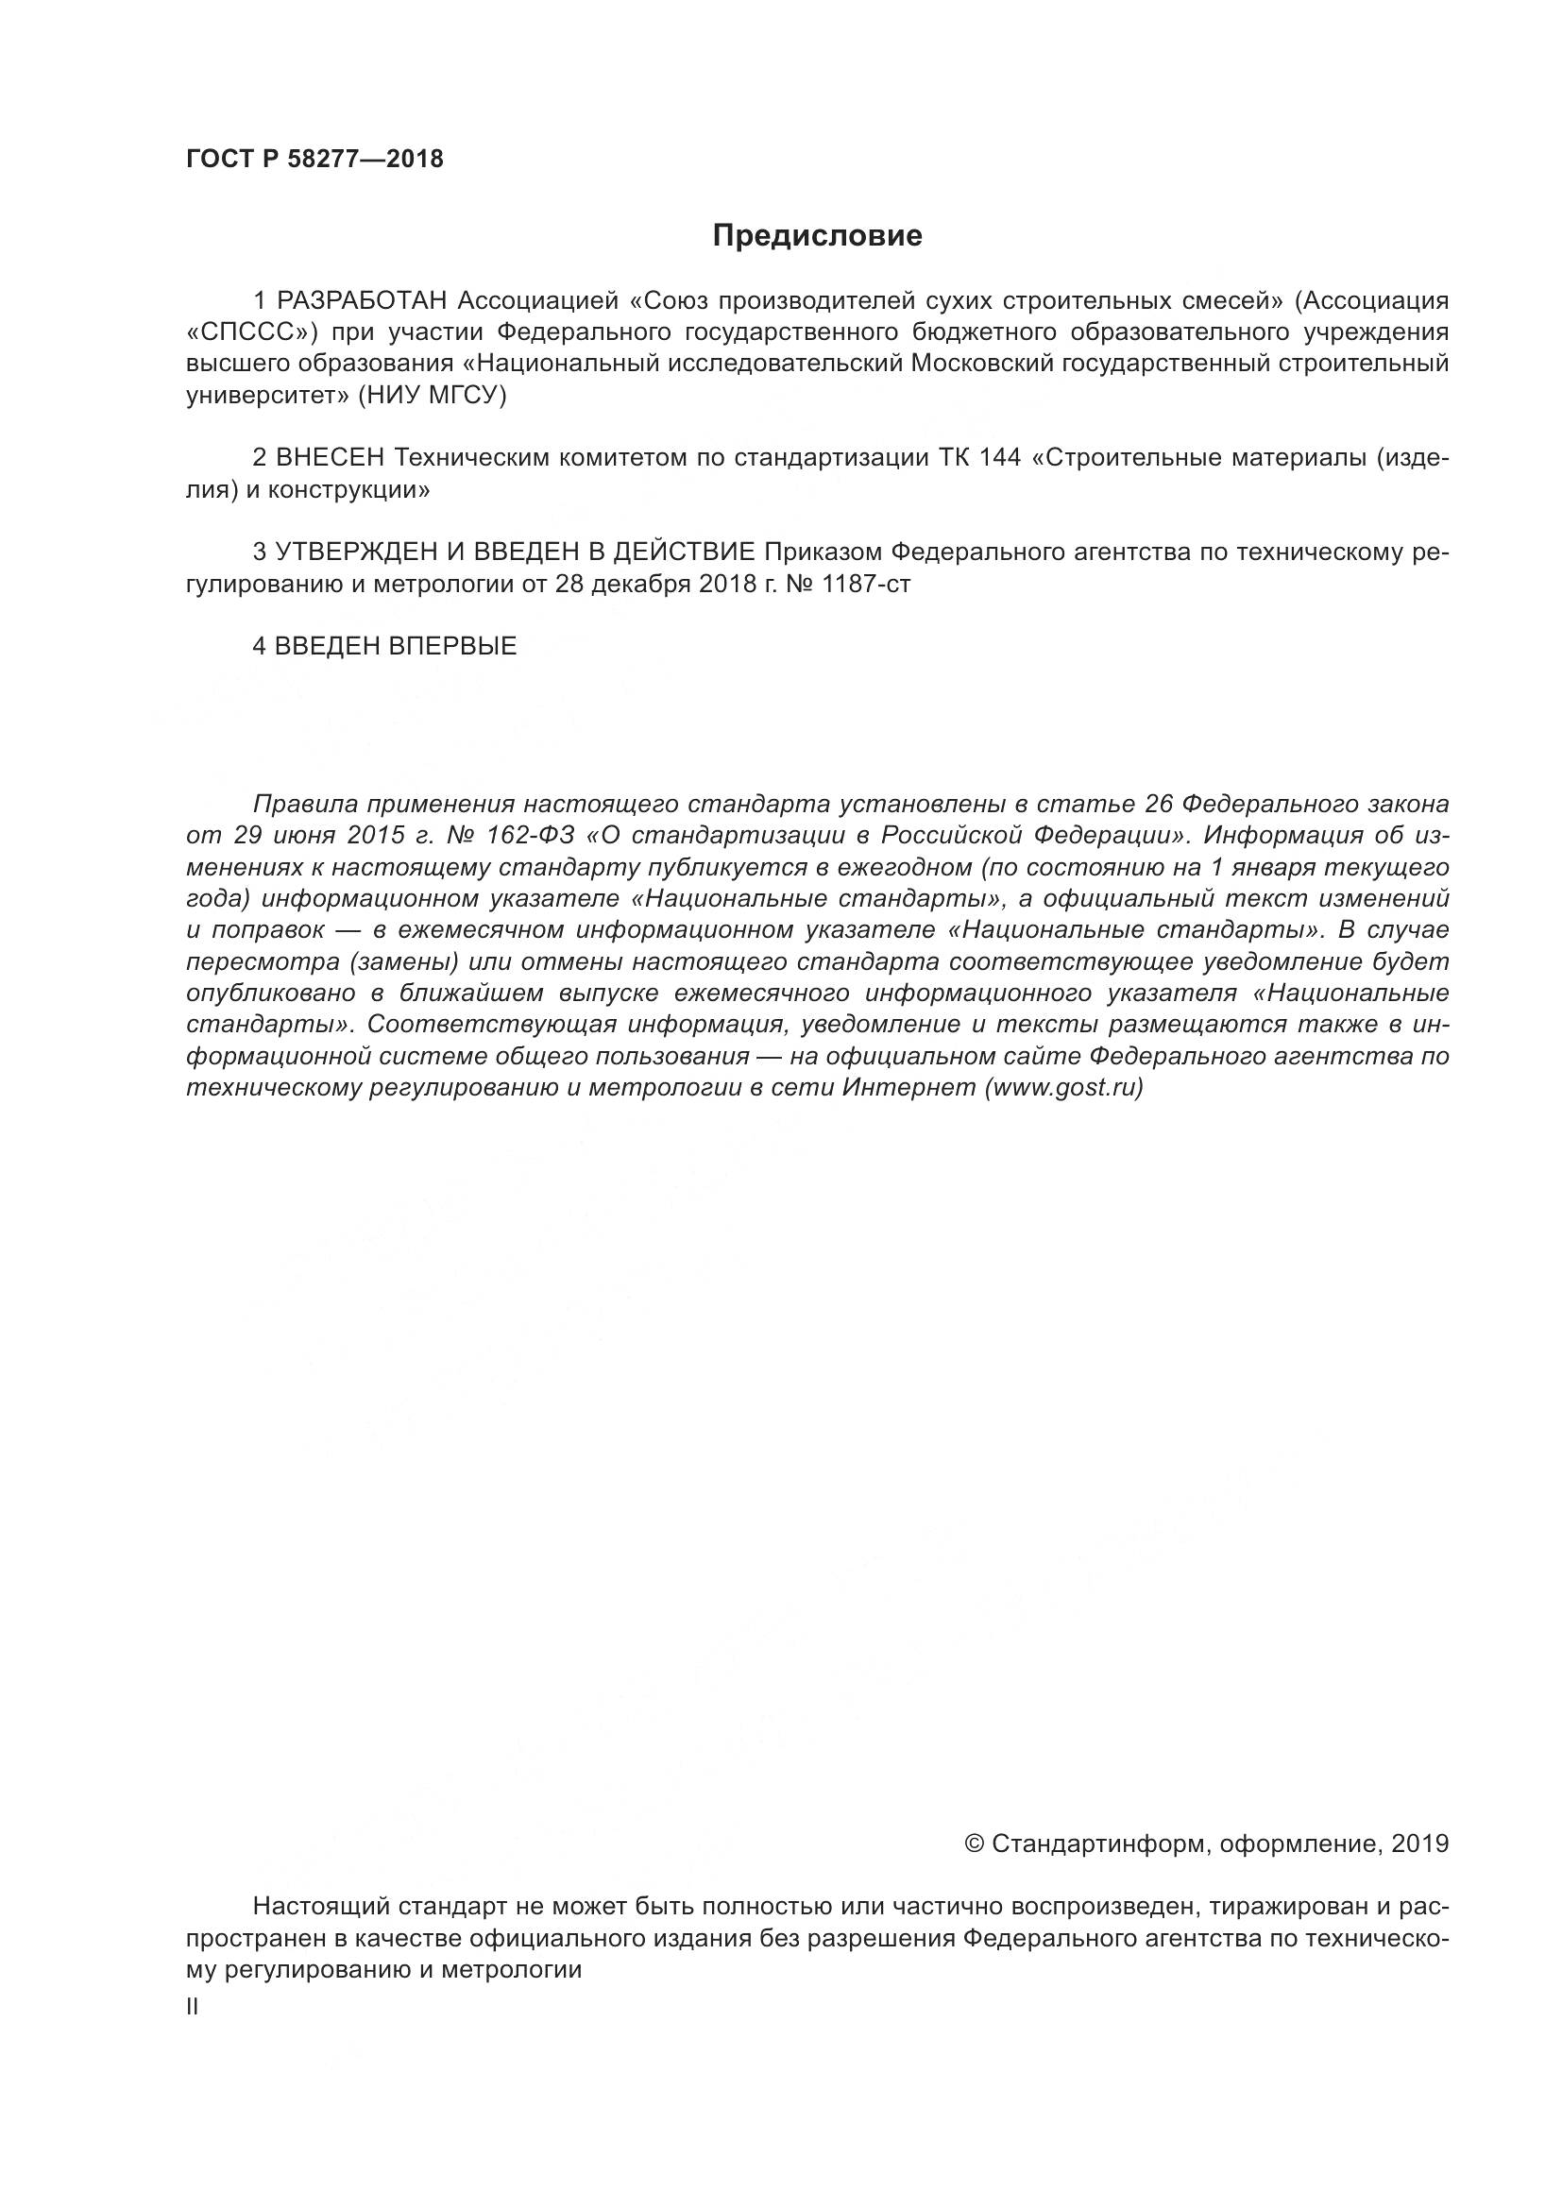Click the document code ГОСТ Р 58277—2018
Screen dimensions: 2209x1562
pos(314,160)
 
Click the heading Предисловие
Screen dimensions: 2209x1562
pos(817,236)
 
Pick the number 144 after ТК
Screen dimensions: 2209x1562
pos(1000,457)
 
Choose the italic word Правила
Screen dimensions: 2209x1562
pos(305,804)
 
